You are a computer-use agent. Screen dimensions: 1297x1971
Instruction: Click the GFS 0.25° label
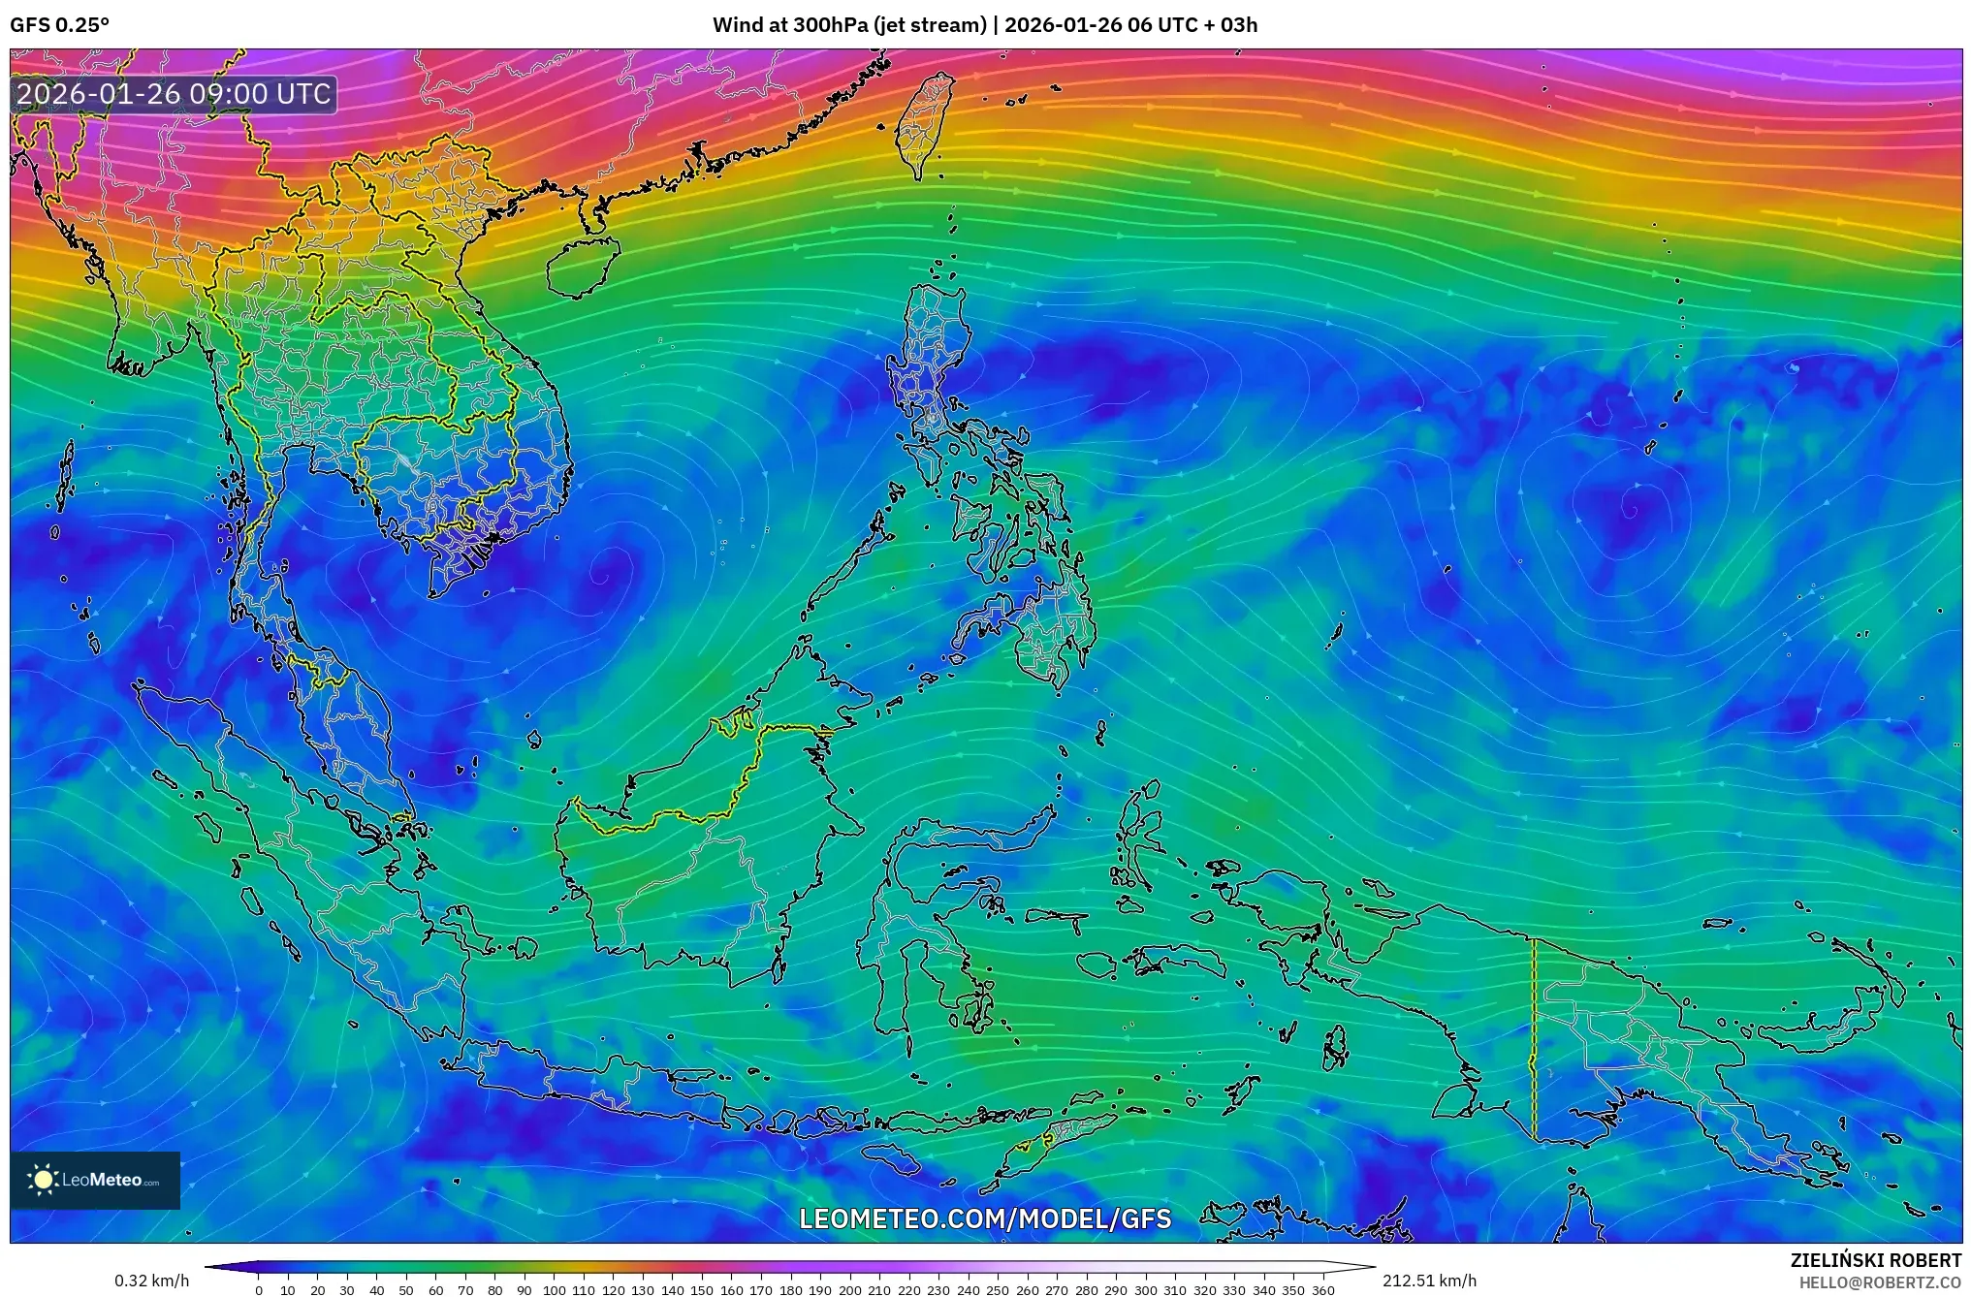[x=59, y=25]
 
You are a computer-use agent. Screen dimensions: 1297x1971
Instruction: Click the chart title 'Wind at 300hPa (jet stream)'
[x=849, y=25]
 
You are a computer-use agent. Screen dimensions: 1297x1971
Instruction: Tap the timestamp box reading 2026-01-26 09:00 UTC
[x=175, y=94]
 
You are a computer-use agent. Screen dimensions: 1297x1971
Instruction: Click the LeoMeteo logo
[x=95, y=1180]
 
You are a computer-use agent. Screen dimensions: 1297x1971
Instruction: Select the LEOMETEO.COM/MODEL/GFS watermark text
[x=985, y=1218]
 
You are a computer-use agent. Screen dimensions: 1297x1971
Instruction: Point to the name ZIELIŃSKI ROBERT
[x=1875, y=1260]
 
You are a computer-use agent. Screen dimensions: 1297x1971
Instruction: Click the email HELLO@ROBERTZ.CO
[x=1880, y=1282]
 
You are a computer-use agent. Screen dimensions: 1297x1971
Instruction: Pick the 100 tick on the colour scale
[x=555, y=1289]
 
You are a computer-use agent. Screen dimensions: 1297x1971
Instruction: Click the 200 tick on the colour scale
[x=849, y=1289]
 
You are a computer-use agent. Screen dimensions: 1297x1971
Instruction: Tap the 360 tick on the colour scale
[x=1322, y=1289]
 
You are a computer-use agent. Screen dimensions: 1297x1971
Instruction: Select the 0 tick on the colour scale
[x=259, y=1289]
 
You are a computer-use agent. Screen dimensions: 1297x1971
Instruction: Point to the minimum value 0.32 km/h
[x=152, y=1281]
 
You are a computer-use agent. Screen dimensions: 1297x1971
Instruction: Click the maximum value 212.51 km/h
[x=1429, y=1281]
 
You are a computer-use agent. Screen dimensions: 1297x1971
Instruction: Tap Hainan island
[x=580, y=267]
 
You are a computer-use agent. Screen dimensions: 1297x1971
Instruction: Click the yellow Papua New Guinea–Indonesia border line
[x=1533, y=1037]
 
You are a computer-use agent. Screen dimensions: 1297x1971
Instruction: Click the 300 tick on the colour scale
[x=1145, y=1289]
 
